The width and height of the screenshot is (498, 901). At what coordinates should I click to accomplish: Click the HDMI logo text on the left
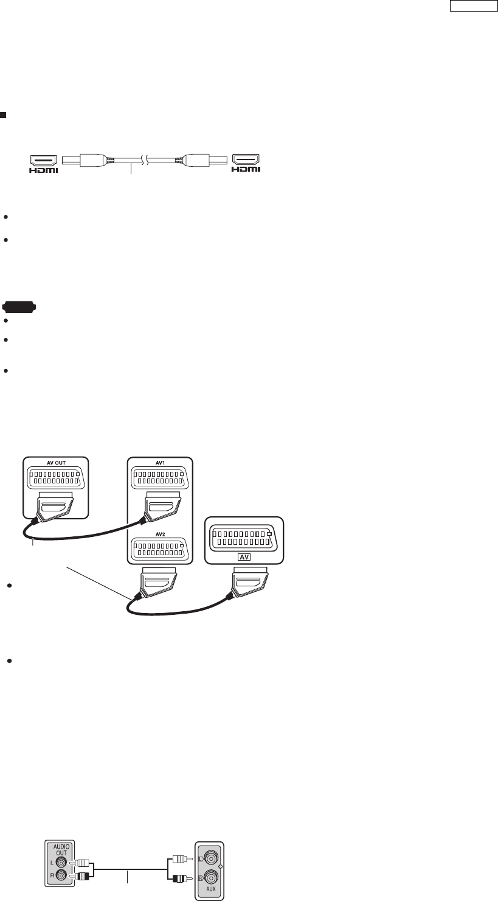44,170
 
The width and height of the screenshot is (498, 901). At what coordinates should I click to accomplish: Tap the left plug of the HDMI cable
94,161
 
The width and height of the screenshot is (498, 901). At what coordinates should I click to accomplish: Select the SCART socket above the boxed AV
243,535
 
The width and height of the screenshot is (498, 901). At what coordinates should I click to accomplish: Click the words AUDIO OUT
58,849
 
